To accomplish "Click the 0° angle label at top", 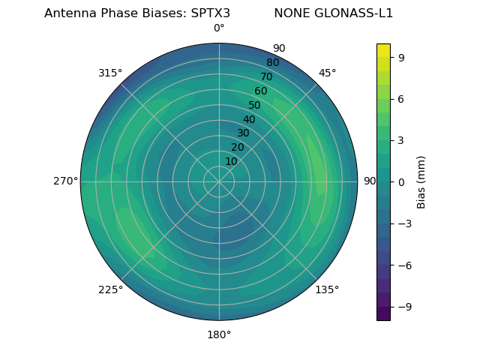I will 219,28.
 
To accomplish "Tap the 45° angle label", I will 327,73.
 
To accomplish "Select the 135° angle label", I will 327,289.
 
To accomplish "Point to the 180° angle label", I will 219,334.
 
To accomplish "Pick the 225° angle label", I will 110,289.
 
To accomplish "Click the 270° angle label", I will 65,181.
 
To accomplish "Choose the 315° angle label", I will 110,73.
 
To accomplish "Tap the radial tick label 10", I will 231,161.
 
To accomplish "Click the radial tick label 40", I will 249,119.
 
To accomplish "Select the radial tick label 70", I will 266,76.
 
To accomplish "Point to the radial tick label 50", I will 255,105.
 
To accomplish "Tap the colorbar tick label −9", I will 404,307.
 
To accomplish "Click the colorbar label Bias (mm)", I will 421,181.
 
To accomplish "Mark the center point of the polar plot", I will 219,181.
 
